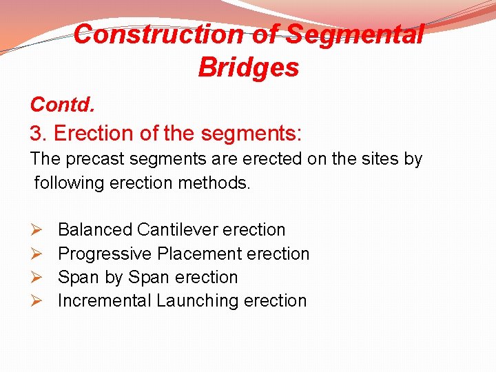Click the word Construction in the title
158,34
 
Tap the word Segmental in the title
354,34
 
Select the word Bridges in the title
248,68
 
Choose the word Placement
199,254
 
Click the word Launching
197,301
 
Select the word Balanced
95,230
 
